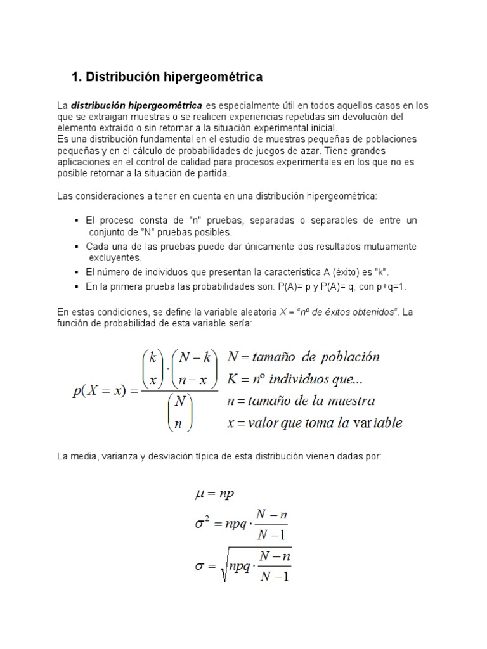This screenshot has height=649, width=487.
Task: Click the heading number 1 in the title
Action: pyautogui.click(x=76, y=77)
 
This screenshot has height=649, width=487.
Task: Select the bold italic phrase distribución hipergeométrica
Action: pyautogui.click(x=136, y=105)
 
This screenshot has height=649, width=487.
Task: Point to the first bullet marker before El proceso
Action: pyautogui.click(x=77, y=221)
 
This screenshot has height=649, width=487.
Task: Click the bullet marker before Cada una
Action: pyautogui.click(x=77, y=247)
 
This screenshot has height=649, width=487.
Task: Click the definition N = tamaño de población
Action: pyautogui.click(x=303, y=356)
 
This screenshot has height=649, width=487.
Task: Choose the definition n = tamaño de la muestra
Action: pyautogui.click(x=301, y=401)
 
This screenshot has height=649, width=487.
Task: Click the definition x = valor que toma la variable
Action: pyautogui.click(x=315, y=423)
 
